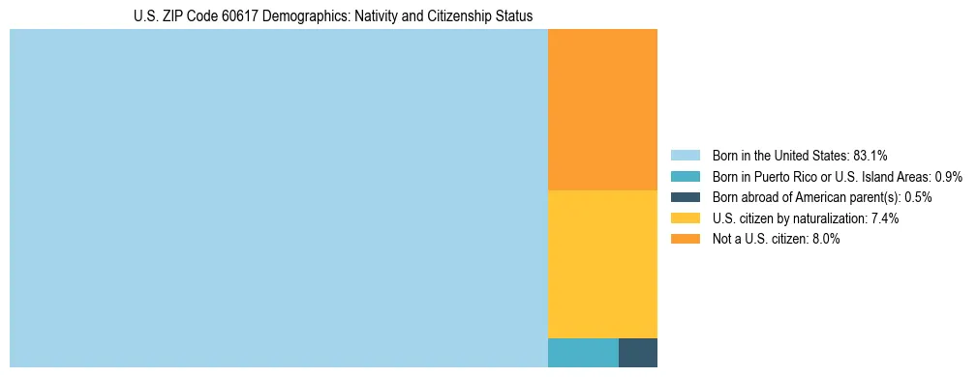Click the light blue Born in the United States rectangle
point(279,198)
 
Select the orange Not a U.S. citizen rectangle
point(602,109)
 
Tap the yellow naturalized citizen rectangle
point(602,264)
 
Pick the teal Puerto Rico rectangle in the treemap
point(583,353)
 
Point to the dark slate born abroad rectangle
point(638,353)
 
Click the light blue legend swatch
point(685,156)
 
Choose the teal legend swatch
point(685,177)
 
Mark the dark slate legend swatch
point(685,197)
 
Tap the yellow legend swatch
point(685,218)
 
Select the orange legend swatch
point(685,240)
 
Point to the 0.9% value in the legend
point(948,177)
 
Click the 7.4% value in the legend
point(885,218)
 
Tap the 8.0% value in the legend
point(824,240)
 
